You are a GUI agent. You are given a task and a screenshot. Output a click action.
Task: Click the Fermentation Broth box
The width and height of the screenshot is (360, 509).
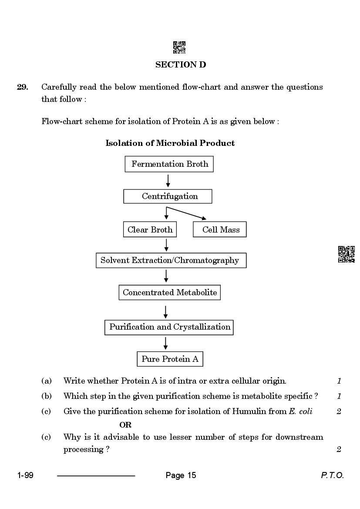tap(169, 164)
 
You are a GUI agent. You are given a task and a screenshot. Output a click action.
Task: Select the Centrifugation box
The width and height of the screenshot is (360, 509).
tap(168, 196)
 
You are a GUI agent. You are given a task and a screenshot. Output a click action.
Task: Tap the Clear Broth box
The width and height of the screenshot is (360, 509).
tap(150, 229)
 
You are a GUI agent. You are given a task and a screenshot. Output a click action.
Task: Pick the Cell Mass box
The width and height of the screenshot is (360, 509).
tap(220, 229)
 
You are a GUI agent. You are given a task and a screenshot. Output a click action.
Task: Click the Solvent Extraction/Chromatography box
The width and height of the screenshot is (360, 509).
tap(171, 260)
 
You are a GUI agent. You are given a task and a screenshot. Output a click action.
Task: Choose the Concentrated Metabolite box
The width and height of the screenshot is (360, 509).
tap(170, 293)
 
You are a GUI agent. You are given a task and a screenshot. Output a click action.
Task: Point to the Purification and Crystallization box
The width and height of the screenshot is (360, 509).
tap(169, 327)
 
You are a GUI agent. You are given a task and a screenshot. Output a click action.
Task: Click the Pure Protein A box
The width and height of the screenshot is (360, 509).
tap(170, 359)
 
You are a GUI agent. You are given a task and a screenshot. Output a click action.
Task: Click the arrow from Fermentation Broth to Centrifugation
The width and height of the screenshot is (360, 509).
tap(168, 181)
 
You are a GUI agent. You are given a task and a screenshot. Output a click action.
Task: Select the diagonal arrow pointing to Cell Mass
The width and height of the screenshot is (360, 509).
tap(186, 213)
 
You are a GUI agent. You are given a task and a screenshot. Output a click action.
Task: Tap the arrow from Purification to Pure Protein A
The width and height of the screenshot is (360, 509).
tap(165, 344)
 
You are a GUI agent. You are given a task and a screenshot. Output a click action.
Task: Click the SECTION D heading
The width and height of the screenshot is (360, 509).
tap(181, 64)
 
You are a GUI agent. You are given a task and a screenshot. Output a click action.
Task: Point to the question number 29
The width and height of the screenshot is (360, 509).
tap(22, 87)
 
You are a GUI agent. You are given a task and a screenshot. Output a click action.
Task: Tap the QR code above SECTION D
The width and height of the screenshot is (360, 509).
tap(179, 47)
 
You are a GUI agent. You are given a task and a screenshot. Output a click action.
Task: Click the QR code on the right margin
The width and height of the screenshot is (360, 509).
tap(347, 254)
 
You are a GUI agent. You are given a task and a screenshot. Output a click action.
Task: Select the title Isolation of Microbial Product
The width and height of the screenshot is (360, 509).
tap(170, 143)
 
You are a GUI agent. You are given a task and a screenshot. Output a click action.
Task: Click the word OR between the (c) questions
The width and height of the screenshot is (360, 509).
tap(125, 425)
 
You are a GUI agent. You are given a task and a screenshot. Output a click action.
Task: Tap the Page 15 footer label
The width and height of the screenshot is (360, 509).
tap(181, 475)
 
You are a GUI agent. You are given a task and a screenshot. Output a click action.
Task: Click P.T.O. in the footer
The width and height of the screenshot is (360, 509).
tap(332, 475)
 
